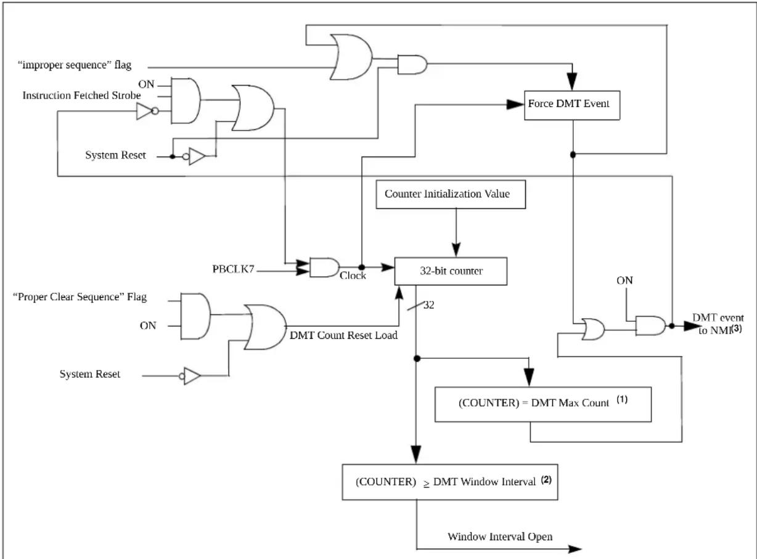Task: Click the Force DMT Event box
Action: [572, 105]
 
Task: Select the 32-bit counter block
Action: [451, 271]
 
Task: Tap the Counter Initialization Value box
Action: [451, 194]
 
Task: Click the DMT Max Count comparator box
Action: [543, 404]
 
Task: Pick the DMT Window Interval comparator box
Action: [450, 482]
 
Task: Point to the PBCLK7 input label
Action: [233, 269]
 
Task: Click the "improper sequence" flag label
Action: [75, 65]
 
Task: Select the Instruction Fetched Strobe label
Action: [81, 95]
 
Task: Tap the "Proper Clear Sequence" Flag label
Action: [80, 297]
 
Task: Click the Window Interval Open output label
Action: [500, 536]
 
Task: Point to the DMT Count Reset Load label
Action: [343, 335]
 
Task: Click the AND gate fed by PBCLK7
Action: [324, 267]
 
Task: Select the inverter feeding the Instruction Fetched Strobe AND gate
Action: [147, 112]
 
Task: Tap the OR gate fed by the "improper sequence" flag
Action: [351, 57]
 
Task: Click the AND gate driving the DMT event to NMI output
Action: [650, 325]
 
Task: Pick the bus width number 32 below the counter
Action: [429, 304]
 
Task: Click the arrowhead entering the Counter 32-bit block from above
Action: [456, 250]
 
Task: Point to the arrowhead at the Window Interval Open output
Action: [575, 549]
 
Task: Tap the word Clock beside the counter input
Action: [353, 275]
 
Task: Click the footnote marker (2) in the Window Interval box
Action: [546, 480]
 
